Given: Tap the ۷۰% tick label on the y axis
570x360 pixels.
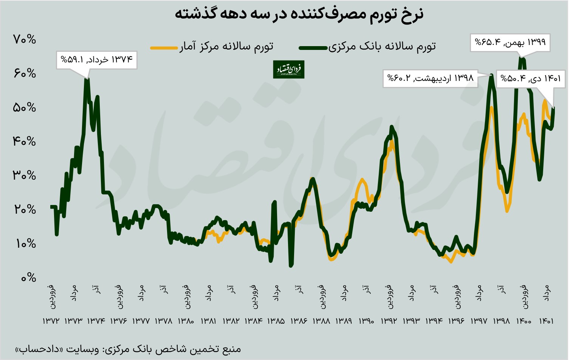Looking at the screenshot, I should click(x=25, y=39).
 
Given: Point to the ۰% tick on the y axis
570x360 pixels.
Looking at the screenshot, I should click(x=27, y=278).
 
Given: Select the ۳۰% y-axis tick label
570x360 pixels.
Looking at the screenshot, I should click(x=25, y=175).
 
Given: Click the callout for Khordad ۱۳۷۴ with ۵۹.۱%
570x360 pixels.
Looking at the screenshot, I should click(x=97, y=60).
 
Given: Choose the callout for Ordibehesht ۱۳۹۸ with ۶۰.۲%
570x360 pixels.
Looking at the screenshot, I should click(x=430, y=79).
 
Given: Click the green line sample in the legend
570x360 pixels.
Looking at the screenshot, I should click(x=313, y=48).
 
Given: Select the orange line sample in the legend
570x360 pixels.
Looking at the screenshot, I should click(x=164, y=48).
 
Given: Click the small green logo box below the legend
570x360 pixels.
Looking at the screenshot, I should click(x=289, y=69).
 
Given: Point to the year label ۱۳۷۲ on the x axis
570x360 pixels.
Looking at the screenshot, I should click(x=51, y=321).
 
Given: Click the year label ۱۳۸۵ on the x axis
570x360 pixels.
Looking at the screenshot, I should click(x=276, y=321).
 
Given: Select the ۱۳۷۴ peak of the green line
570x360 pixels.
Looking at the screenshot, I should click(x=87, y=79).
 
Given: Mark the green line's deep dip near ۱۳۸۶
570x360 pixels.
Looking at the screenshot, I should click(x=291, y=265).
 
